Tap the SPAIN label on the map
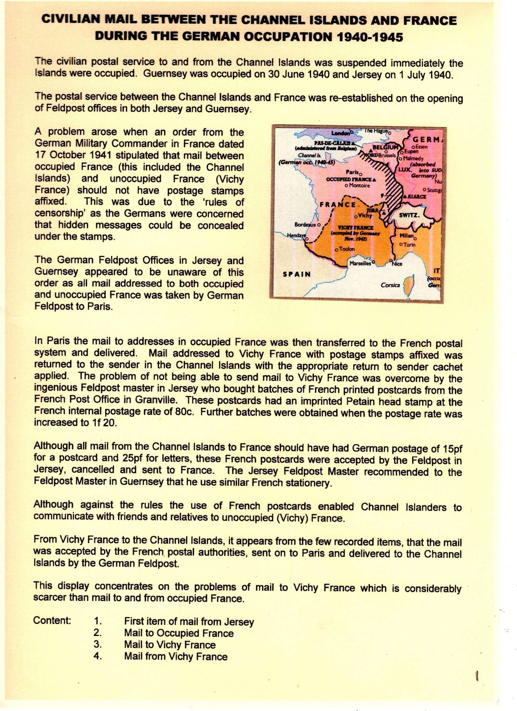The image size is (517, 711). tap(297, 274)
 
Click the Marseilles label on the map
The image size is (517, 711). tap(360, 263)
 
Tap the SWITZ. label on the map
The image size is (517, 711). tap(409, 215)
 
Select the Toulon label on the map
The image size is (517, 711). tap(346, 249)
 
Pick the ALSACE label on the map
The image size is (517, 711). tap(417, 197)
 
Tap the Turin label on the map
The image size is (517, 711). tap(409, 244)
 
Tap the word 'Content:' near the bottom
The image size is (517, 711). tap(52, 620)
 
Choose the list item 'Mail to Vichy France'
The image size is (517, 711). tap(170, 645)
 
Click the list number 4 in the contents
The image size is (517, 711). tap(98, 656)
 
